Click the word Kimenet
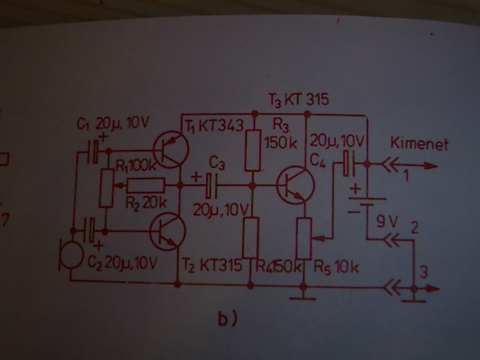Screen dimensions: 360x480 coord(419,144)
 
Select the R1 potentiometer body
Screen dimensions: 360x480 coord(106,187)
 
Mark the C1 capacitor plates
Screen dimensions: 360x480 coord(95,151)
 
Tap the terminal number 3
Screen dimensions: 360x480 coord(423,273)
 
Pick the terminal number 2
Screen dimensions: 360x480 coord(414,228)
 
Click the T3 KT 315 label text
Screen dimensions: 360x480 coord(298,100)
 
